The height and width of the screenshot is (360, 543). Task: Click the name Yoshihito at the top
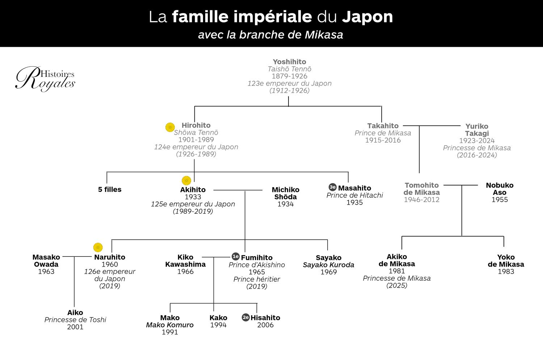tap(289, 62)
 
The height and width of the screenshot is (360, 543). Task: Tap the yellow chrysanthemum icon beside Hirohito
tap(170, 127)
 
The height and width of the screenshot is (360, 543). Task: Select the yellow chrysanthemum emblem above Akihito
tap(186, 180)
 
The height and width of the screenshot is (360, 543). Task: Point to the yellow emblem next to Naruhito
tap(98, 247)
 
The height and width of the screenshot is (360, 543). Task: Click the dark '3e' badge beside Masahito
tap(332, 187)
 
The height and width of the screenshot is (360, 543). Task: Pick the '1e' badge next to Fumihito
tap(236, 256)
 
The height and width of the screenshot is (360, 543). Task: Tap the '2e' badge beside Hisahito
tap(246, 317)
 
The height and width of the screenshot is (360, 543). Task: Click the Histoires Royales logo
tap(45, 79)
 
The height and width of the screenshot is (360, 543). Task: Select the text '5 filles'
tap(110, 189)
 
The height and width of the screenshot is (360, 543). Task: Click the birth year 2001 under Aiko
tap(75, 327)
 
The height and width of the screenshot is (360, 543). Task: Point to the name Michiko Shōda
tap(286, 193)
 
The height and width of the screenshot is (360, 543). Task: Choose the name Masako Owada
tap(46, 261)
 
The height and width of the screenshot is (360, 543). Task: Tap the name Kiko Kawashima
tap(185, 261)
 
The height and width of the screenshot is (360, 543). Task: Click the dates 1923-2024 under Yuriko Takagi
tap(477, 141)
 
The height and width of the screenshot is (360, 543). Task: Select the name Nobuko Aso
tap(500, 189)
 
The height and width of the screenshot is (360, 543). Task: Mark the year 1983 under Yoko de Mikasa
tap(506, 272)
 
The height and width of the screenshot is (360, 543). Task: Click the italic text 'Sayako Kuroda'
tap(328, 265)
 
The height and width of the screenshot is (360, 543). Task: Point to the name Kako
tap(218, 318)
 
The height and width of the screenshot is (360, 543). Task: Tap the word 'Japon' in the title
tap(367, 17)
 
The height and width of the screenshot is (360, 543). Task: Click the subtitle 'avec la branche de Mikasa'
tap(270, 35)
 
